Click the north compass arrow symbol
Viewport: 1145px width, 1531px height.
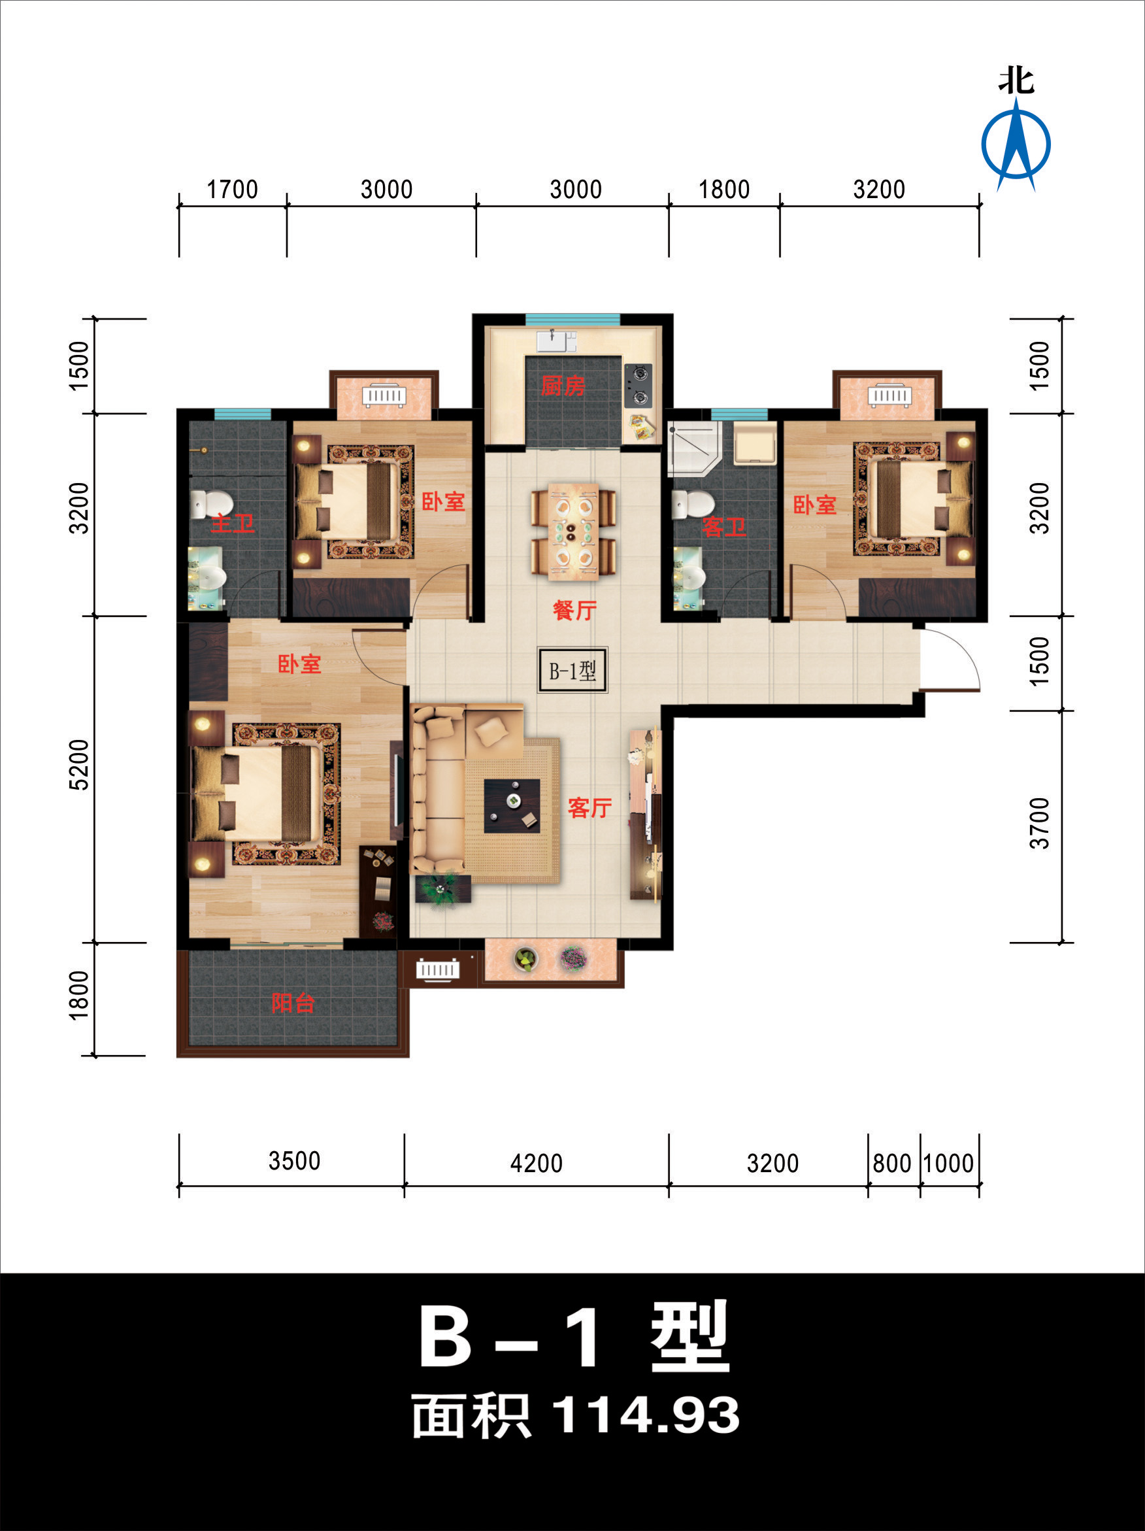(x=1016, y=144)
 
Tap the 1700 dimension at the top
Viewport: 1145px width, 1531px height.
(x=233, y=189)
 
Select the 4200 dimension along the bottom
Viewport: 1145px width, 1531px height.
(x=536, y=1163)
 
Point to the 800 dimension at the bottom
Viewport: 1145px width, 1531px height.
(x=892, y=1163)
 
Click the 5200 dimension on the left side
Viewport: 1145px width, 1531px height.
(x=80, y=765)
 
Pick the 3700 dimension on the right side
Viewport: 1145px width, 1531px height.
(x=1039, y=823)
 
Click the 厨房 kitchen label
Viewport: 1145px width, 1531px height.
(x=563, y=386)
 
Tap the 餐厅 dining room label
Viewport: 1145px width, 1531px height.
(x=574, y=610)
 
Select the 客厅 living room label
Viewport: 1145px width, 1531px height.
(x=589, y=807)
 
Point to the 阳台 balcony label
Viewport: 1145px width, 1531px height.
(x=293, y=1002)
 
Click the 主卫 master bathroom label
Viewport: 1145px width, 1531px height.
(x=233, y=522)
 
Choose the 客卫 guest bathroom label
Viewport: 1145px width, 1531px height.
(x=724, y=527)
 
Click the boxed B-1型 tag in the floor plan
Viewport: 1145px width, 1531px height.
(x=573, y=670)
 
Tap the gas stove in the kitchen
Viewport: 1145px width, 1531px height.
(x=638, y=386)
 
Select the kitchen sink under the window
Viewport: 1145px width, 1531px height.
(x=557, y=341)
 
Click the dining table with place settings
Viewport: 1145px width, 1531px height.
(x=574, y=531)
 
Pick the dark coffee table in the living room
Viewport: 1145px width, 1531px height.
(x=512, y=805)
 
